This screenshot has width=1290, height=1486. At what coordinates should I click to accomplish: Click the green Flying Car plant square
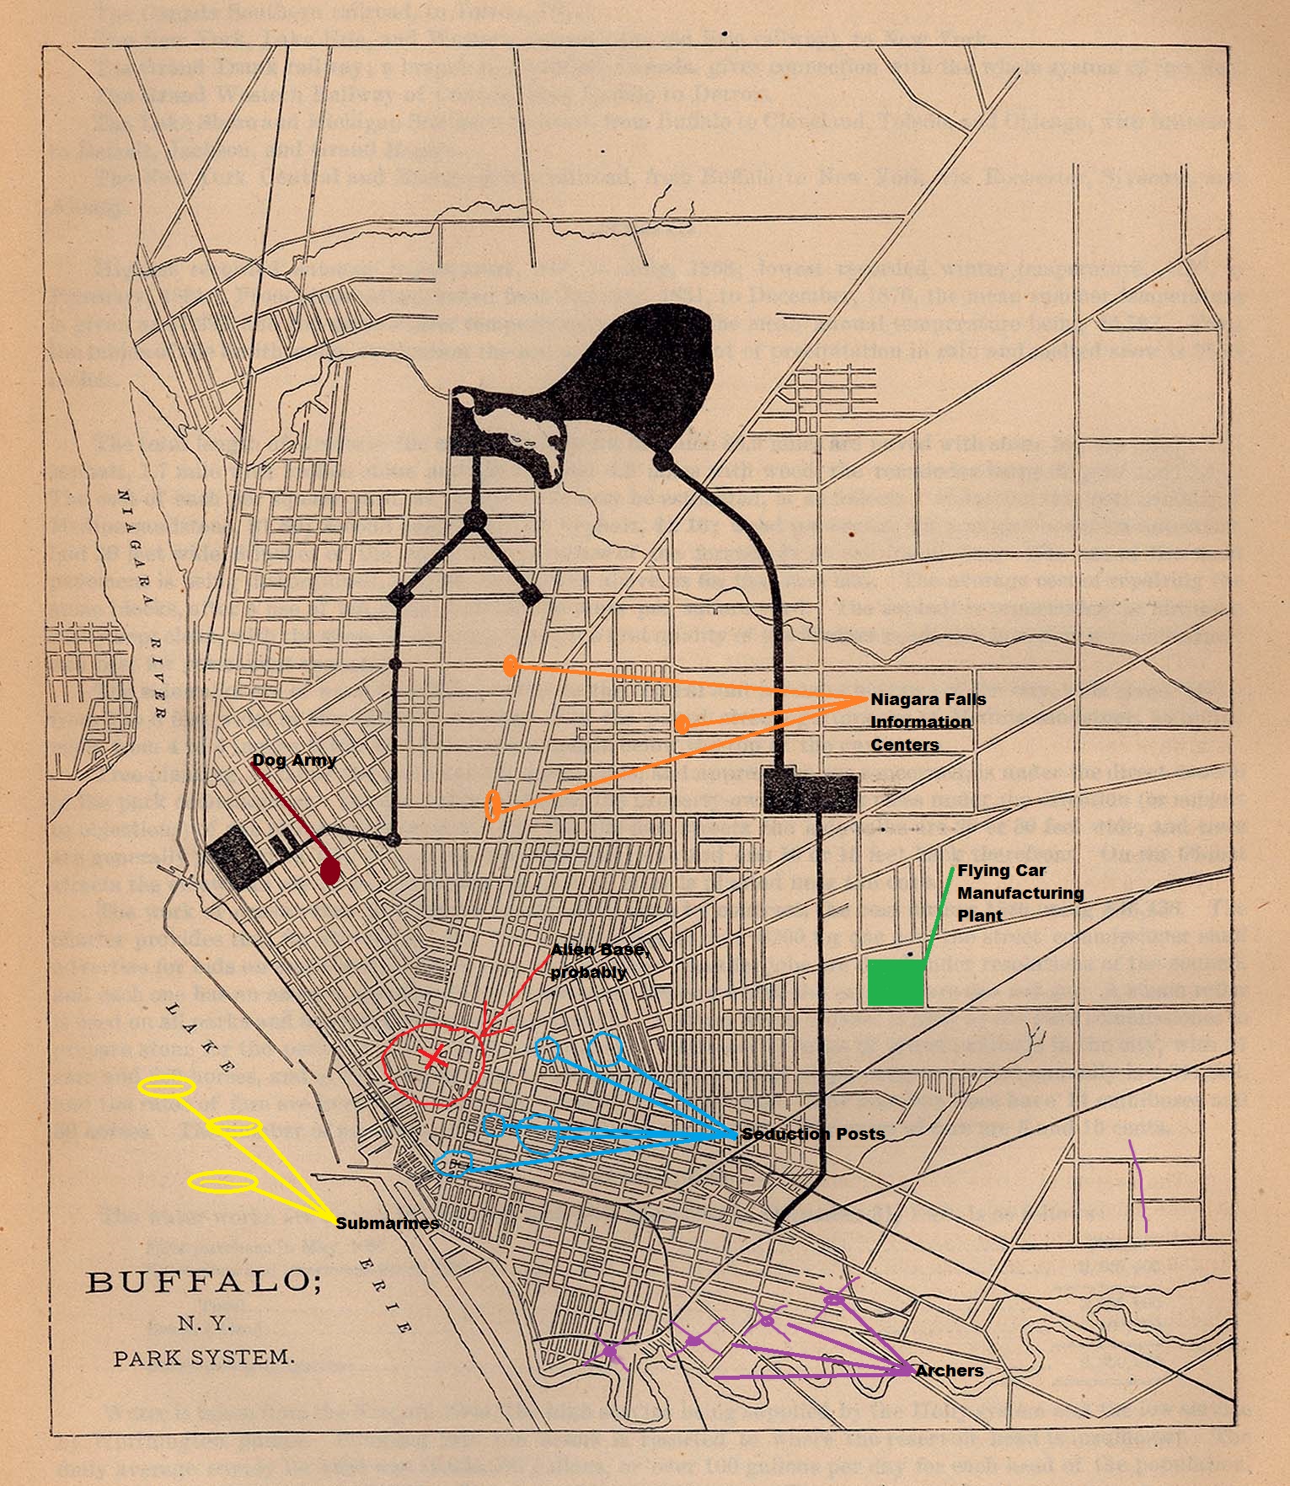point(895,982)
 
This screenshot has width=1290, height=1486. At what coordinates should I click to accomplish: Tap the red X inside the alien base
point(432,1057)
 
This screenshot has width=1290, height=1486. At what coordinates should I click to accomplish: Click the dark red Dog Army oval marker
point(331,872)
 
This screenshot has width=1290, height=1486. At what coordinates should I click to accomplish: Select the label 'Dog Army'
point(294,760)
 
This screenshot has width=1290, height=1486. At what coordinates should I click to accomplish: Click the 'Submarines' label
point(387,1223)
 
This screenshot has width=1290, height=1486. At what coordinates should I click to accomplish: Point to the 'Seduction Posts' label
point(813,1134)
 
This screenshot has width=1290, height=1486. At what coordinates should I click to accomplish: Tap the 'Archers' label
point(949,1371)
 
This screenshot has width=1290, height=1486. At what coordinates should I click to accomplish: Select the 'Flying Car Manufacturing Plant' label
point(1020,893)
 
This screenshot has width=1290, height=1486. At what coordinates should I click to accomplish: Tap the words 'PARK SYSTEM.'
point(205,1358)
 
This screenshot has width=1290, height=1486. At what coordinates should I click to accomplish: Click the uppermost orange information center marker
point(510,666)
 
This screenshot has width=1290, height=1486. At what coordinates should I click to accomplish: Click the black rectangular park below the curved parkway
point(809,790)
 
